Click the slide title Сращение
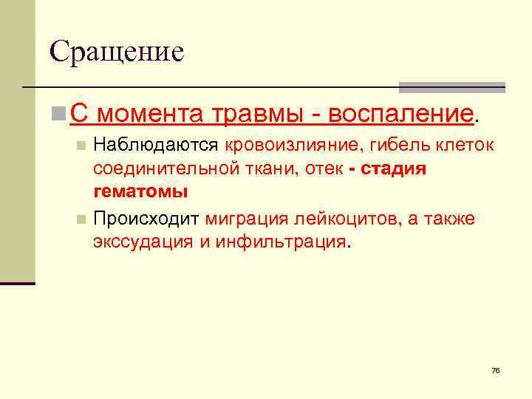click(x=117, y=51)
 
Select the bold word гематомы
click(x=140, y=192)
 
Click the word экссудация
click(x=142, y=242)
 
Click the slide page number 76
click(x=495, y=369)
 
